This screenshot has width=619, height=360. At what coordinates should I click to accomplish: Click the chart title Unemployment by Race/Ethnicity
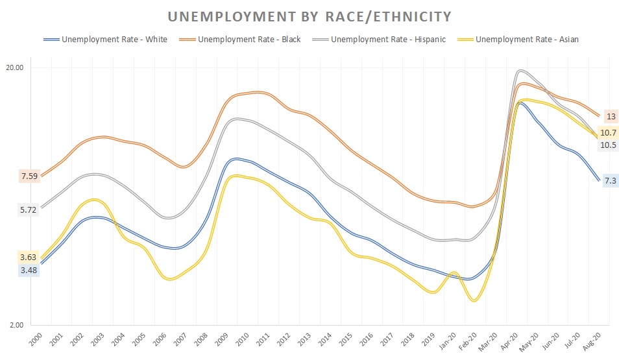pos(309,16)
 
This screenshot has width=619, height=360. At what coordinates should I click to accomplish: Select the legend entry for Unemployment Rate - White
pos(114,40)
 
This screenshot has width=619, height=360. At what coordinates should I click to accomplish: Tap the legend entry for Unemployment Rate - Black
pos(249,40)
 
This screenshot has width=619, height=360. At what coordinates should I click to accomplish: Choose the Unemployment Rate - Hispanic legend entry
pos(388,40)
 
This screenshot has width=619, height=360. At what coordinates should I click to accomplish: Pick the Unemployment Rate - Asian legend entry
pos(527,40)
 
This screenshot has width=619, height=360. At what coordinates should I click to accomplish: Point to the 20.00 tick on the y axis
pos(14,67)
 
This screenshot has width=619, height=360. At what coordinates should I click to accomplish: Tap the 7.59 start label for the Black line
pos(29,176)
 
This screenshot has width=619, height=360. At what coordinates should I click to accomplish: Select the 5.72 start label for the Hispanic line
pos(29,210)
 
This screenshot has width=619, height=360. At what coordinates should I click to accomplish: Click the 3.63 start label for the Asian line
pos(29,258)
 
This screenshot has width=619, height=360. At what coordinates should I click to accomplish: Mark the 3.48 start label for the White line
pos(29,270)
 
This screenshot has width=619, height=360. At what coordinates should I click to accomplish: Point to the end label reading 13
pos(611,117)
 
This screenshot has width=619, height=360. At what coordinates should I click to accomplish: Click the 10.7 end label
pos(609,133)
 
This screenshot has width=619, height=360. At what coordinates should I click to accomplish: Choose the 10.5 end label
pos(609,145)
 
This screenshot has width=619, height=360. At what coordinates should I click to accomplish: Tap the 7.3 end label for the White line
pos(610,181)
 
